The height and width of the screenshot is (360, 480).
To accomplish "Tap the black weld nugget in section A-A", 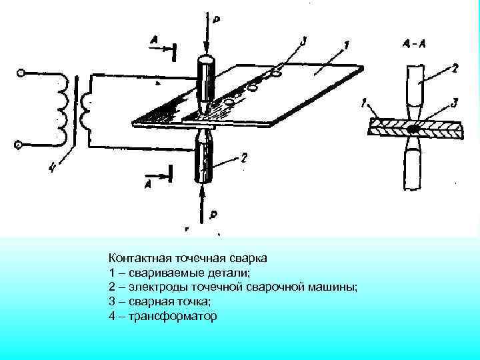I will tap(414, 127).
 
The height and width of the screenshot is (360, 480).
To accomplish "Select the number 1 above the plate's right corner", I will tap(346, 46).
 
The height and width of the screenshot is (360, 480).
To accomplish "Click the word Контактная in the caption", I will tap(141, 257).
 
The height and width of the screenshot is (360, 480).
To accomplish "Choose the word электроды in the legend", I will tap(150, 286).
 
